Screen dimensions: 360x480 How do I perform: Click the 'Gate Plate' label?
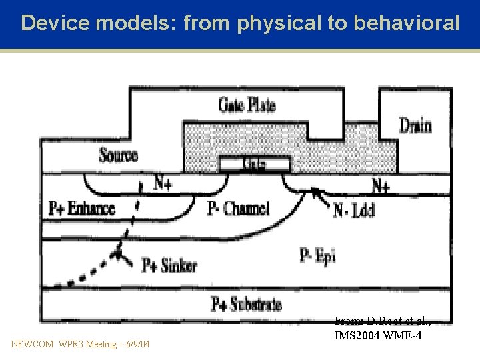click(x=247, y=105)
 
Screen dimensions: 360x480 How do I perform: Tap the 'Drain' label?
click(x=415, y=125)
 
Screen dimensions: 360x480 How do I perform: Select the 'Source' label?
click(x=118, y=156)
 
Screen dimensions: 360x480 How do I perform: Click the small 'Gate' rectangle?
click(x=255, y=163)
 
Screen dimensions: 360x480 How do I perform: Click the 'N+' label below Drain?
click(x=380, y=185)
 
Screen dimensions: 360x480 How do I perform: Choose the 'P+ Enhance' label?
click(x=82, y=209)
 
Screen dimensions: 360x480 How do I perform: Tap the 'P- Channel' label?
click(x=238, y=209)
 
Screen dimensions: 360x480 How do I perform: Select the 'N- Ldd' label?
click(x=353, y=211)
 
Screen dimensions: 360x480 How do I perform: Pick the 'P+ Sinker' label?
click(x=169, y=265)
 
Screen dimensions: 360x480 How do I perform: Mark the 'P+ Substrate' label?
click(x=246, y=305)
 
